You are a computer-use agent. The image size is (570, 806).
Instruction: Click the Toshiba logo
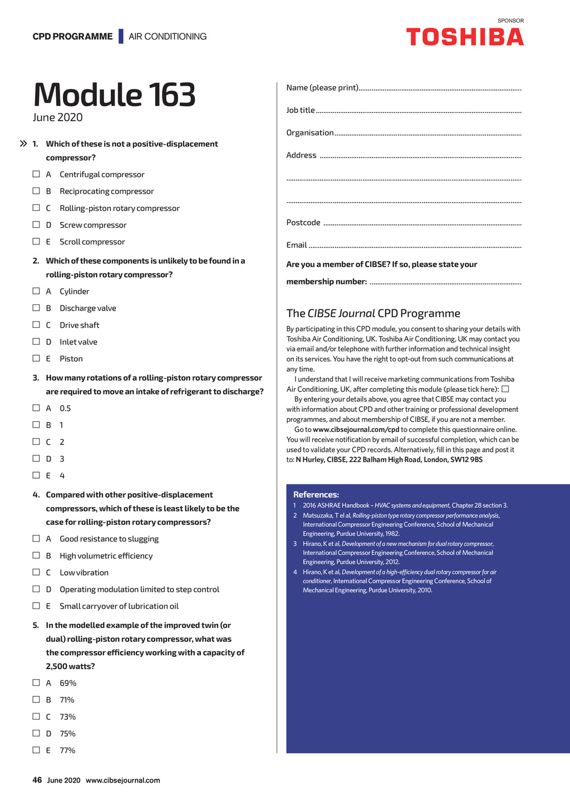click(465, 37)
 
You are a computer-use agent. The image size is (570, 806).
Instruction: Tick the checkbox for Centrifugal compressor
click(36, 174)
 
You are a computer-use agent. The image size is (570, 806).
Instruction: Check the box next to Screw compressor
click(36, 225)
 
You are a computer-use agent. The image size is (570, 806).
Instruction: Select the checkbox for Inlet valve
click(36, 342)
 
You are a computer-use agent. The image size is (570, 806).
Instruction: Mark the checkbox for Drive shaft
click(36, 325)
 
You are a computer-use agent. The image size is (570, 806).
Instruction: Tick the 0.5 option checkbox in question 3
click(36, 408)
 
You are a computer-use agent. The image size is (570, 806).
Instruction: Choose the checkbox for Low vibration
click(36, 572)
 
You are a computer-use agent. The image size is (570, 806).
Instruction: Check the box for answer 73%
click(36, 716)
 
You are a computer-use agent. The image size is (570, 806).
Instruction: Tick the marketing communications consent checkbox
click(505, 389)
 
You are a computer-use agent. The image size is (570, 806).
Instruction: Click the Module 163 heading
click(115, 95)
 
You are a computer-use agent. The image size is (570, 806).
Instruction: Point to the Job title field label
click(301, 110)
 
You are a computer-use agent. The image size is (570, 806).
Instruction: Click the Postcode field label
click(303, 223)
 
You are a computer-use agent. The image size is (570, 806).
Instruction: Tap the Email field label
click(297, 245)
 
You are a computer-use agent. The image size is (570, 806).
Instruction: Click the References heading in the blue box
click(316, 494)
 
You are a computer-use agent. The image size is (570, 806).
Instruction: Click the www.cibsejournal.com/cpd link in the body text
click(356, 430)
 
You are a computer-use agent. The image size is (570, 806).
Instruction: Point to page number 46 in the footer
click(37, 780)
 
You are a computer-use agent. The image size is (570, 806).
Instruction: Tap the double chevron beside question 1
click(23, 144)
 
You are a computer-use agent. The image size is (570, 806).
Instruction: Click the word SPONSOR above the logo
click(510, 21)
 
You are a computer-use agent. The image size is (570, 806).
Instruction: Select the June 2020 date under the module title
click(58, 117)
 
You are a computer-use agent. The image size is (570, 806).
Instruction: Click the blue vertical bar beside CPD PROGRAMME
click(121, 36)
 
